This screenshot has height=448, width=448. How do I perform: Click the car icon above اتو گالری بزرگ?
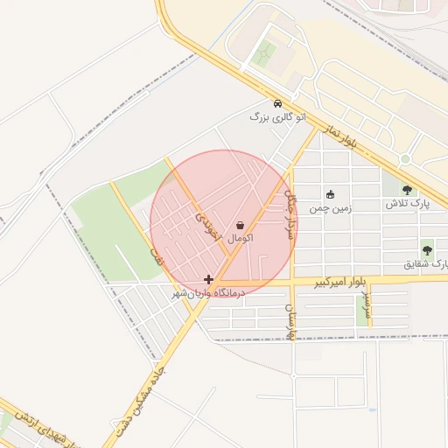[277, 102]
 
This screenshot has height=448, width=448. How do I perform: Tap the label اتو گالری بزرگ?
[277, 116]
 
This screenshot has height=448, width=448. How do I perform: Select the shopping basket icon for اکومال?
[240, 225]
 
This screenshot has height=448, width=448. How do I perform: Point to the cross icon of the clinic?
[208, 279]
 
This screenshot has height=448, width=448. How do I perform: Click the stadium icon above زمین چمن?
[330, 195]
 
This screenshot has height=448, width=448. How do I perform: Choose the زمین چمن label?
[330, 209]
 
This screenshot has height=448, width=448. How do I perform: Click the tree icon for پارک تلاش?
[407, 189]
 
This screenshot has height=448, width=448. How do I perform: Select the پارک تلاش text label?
[408, 203]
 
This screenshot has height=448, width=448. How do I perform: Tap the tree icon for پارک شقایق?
[427, 249]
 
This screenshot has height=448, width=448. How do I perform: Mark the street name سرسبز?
[364, 309]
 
